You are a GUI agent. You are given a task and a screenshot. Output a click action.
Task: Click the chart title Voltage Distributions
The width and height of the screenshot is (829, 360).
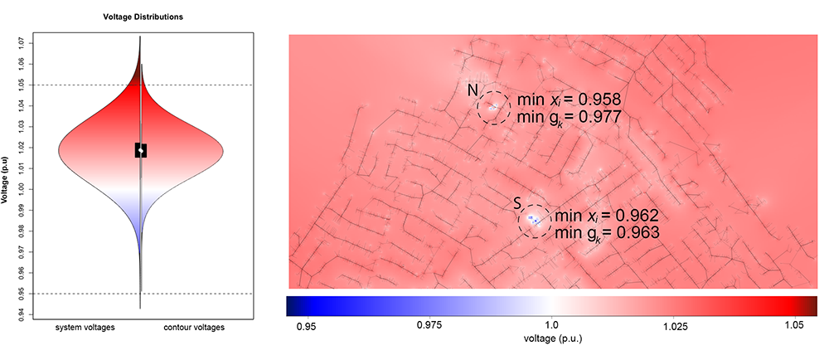tap(138, 17)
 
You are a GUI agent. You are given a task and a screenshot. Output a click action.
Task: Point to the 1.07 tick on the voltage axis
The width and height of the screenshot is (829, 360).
tap(32, 42)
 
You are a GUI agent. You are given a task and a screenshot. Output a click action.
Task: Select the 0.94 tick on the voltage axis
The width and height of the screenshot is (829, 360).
tap(32, 314)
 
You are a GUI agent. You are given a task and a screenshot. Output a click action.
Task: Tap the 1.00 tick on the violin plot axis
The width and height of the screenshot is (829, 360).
tap(32, 189)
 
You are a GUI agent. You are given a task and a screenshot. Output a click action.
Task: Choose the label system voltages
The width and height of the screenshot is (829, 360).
tap(85, 328)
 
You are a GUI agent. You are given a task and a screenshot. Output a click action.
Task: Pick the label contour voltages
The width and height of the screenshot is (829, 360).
tap(195, 328)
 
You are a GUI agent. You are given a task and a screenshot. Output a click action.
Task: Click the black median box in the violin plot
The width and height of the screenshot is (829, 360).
tap(141, 150)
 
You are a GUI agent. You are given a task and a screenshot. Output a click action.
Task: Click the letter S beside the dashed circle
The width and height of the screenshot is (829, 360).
tap(516, 202)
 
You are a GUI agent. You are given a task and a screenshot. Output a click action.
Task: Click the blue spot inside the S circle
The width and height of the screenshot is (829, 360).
tap(533, 221)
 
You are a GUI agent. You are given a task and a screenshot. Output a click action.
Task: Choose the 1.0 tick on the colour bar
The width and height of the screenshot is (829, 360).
tap(551, 327)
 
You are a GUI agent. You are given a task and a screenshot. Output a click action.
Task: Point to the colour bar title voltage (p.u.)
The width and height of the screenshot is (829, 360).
tap(551, 341)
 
